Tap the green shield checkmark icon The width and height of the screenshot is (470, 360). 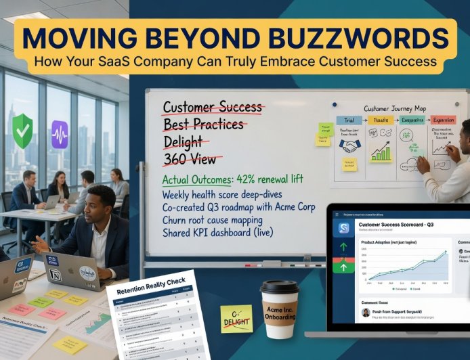(x=22, y=131)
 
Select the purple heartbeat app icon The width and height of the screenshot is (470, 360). (x=60, y=134)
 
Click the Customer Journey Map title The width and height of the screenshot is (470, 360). (x=395, y=108)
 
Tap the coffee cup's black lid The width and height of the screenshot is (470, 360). (x=280, y=289)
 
